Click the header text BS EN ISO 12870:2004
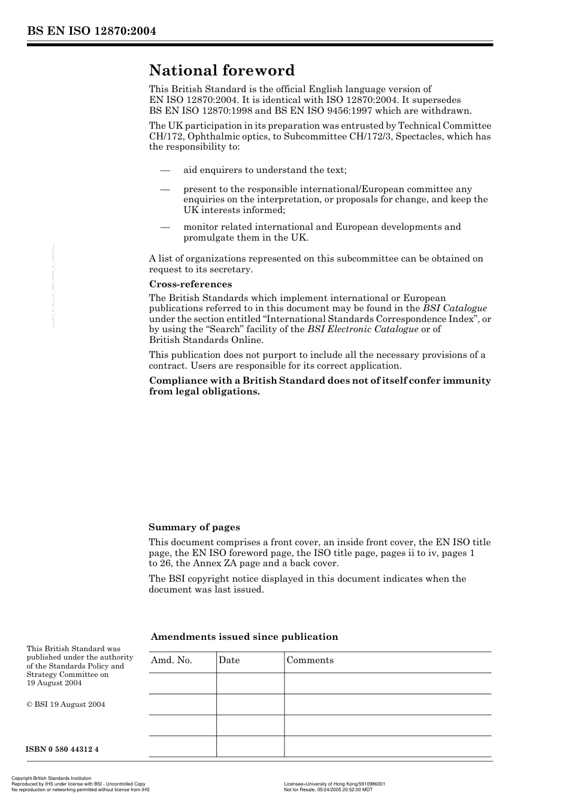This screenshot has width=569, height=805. (91, 32)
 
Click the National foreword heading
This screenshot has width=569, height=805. (222, 71)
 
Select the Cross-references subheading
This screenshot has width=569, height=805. (190, 284)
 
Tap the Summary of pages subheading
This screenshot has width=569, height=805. (194, 527)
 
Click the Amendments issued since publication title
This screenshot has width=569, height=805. (244, 637)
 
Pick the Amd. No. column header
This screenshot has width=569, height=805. (171, 660)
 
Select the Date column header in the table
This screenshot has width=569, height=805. (229, 660)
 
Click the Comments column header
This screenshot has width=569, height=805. (310, 660)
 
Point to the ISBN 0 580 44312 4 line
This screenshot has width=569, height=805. (62, 749)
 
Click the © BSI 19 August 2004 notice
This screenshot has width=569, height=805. (66, 704)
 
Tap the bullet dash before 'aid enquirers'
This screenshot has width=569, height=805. (165, 170)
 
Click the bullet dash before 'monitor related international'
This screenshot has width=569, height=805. (165, 227)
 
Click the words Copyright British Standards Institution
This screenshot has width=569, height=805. (52, 779)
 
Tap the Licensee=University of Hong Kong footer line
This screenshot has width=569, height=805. (334, 784)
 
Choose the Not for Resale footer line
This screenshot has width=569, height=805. (328, 789)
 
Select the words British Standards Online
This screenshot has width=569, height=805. (205, 340)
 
